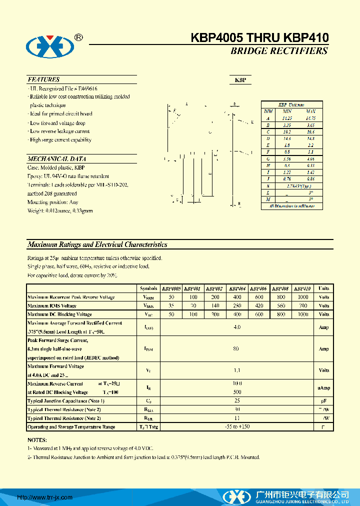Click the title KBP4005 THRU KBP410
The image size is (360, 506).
[x=259, y=38]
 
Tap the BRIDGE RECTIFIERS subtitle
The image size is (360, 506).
[x=279, y=51]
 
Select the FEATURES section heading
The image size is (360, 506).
[x=43, y=79]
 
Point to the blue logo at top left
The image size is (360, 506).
[x=50, y=47]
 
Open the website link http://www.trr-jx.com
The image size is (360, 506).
[x=45, y=497]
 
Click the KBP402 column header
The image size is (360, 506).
[x=213, y=288]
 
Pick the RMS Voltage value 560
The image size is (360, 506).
[x=281, y=305]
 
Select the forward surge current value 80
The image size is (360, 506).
[x=236, y=348]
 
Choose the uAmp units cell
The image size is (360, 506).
[x=323, y=388]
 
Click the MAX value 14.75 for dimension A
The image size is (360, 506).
[x=310, y=118]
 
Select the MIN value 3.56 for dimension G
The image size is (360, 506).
[x=286, y=158]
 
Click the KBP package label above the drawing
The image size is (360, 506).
[x=240, y=80]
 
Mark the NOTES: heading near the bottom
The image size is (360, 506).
[x=37, y=440]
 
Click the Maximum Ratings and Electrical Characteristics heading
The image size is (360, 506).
[x=97, y=245]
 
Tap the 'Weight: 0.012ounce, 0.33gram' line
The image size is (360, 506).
[x=60, y=211]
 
